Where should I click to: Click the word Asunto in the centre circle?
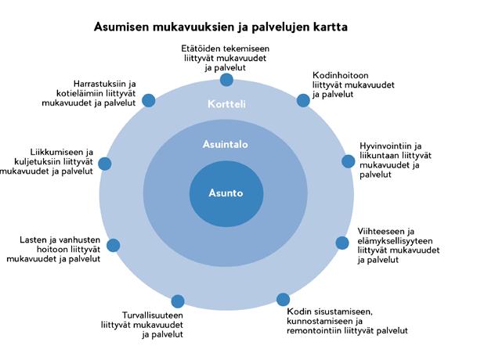pyautogui.click(x=226, y=193)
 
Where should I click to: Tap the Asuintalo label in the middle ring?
pyautogui.click(x=225, y=145)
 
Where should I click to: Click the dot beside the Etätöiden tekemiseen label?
pyautogui.click(x=226, y=80)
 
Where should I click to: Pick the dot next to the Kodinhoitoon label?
pyautogui.click(x=303, y=100)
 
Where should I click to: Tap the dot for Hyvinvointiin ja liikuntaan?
pyautogui.click(x=349, y=161)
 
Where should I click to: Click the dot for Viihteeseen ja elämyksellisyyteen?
pyautogui.click(x=342, y=243)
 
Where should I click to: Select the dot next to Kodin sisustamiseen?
pyautogui.click(x=283, y=300)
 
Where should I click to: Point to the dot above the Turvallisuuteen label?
pyautogui.click(x=178, y=301)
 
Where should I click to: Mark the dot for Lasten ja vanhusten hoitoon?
pyautogui.click(x=114, y=245)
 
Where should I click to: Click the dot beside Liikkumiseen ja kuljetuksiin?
pyautogui.click(x=104, y=164)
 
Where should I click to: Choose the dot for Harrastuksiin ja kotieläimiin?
pyautogui.click(x=150, y=101)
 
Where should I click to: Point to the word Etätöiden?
pyautogui.click(x=201, y=49)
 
